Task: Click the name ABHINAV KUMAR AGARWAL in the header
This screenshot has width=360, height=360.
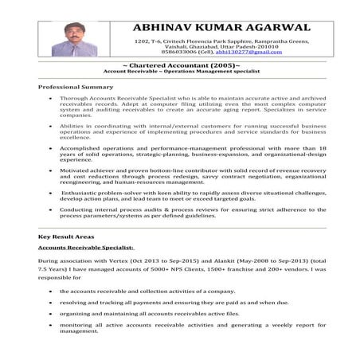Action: [x=222, y=25]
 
